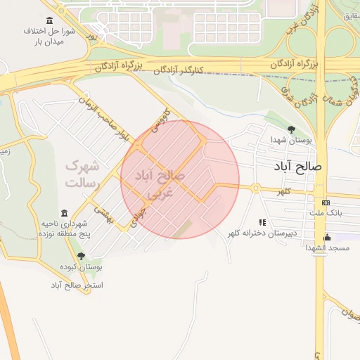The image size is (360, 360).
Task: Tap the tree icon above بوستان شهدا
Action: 292,129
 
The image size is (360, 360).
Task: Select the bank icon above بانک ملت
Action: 325,202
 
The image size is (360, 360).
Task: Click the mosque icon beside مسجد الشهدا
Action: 328,237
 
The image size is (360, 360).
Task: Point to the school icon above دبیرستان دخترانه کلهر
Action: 262,221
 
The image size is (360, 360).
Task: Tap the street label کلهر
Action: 283,191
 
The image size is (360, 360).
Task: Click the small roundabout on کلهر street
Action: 256,188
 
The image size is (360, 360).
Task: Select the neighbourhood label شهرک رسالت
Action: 84,174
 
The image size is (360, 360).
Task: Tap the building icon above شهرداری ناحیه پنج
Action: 65,213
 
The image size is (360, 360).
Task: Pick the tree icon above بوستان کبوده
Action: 81,256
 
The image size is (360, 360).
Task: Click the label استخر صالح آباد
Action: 77,285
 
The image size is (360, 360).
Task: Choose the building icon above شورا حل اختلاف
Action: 49,20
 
